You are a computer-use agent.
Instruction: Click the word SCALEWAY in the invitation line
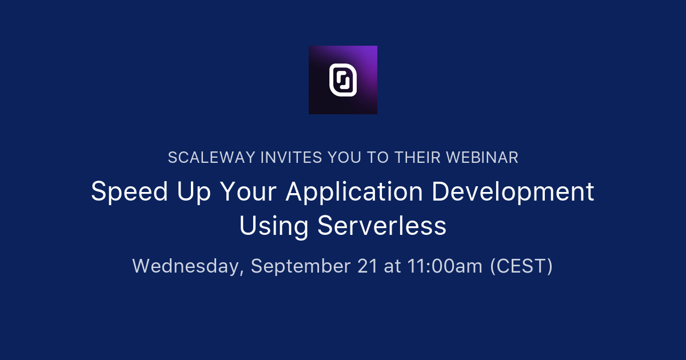212,158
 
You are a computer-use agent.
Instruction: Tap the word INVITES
291,158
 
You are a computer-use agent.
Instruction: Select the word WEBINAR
482,158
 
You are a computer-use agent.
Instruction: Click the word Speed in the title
130,191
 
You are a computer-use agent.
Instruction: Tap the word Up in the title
194,191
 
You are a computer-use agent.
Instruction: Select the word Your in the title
248,191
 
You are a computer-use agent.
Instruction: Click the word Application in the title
354,191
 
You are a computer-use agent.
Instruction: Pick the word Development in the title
513,191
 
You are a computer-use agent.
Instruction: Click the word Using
273,226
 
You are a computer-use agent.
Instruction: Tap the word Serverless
382,226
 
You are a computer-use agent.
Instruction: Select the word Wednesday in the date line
188,266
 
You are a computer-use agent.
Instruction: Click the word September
301,266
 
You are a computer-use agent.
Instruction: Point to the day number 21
367,266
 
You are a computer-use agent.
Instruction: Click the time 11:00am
445,266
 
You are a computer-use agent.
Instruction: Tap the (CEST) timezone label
521,266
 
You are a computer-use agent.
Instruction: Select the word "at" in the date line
392,266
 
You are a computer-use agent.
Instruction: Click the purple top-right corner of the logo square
377,46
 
